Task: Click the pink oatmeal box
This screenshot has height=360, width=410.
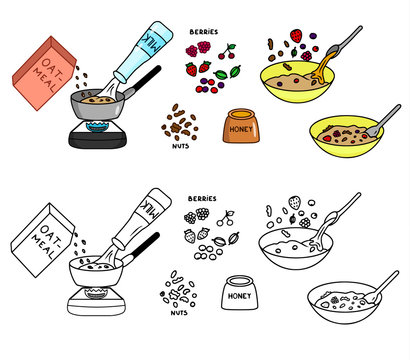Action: (44, 71)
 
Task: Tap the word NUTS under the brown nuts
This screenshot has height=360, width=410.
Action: (180, 145)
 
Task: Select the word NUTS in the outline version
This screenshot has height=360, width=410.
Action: (180, 313)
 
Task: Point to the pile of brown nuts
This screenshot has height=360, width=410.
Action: (180, 123)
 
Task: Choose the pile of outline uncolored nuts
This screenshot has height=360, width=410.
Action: (180, 289)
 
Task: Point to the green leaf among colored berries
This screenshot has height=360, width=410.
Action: (232, 73)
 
